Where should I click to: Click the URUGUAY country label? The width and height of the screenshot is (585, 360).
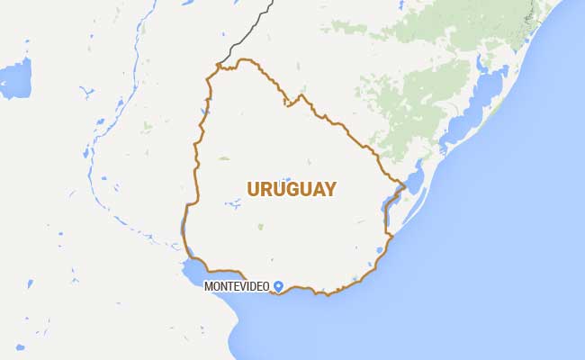[x=291, y=189]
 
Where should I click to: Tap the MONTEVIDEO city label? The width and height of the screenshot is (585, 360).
[x=238, y=286]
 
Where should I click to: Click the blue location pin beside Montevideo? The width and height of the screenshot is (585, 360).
[x=279, y=285]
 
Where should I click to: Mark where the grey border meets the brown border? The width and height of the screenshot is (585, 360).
[x=219, y=64]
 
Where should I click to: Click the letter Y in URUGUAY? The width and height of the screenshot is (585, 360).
[x=329, y=189]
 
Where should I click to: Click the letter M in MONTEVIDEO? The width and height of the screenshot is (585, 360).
[x=209, y=286]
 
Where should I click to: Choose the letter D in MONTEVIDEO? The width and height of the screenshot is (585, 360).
[x=256, y=286]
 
